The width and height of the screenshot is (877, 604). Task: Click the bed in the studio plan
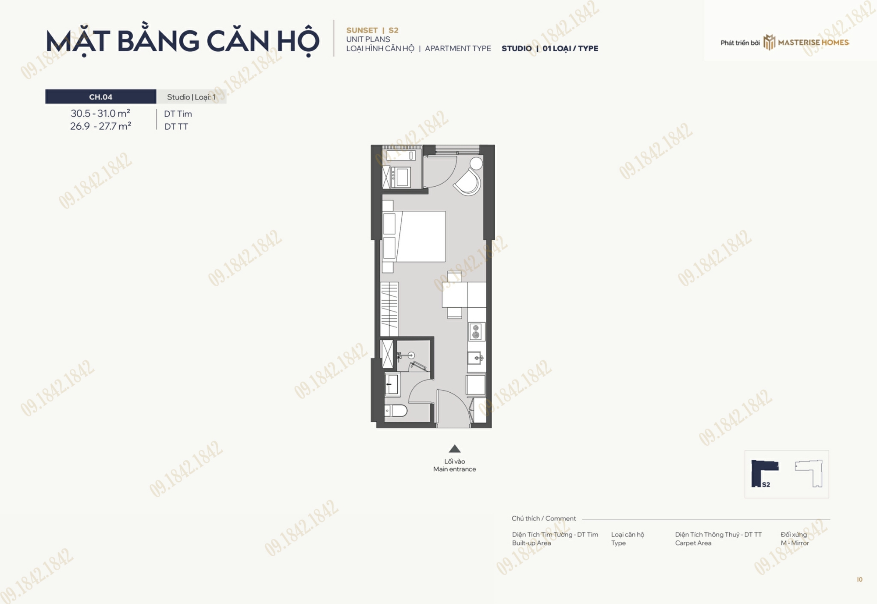(414, 237)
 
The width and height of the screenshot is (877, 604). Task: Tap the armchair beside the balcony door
(468, 182)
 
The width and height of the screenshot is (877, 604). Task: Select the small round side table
(476, 163)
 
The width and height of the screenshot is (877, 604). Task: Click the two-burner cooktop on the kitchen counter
(476, 331)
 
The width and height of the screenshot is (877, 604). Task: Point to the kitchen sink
(476, 358)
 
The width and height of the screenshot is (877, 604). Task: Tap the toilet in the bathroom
(396, 411)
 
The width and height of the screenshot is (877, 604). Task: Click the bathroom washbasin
(392, 384)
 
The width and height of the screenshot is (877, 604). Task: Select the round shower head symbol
(411, 355)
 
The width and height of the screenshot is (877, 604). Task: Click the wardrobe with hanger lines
(389, 309)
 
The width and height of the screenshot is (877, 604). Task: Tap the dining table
(454, 295)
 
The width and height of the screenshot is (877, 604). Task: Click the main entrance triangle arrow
(455, 448)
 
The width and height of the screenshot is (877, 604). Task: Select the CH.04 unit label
(101, 97)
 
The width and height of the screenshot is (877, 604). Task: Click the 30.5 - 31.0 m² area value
(100, 114)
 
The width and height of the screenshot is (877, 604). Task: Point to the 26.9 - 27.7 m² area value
(100, 126)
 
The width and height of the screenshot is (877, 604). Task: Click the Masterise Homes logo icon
(769, 43)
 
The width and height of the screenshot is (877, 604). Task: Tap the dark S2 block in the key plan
(762, 473)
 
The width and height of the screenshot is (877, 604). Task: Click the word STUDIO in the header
(517, 49)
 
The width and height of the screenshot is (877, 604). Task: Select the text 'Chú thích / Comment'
(544, 519)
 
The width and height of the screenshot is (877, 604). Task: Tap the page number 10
(859, 579)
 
